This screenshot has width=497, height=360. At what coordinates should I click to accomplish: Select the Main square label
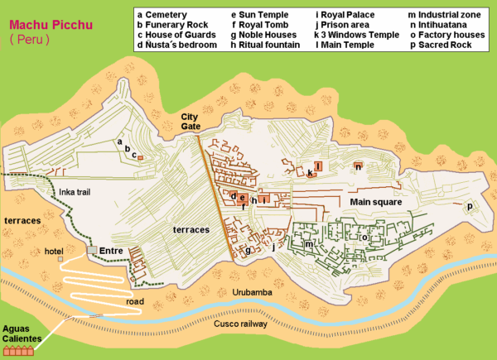click(x=375, y=201)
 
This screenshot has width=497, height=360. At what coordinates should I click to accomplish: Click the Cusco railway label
click(x=239, y=324)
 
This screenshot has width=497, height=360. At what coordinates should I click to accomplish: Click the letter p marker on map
click(x=470, y=206)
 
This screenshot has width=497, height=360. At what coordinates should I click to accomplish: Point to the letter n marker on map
click(x=357, y=166)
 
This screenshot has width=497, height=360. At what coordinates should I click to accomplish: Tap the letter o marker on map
click(x=364, y=237)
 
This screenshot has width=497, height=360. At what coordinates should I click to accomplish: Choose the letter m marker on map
click(x=309, y=244)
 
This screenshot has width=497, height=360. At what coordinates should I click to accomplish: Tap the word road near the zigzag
click(x=135, y=301)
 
